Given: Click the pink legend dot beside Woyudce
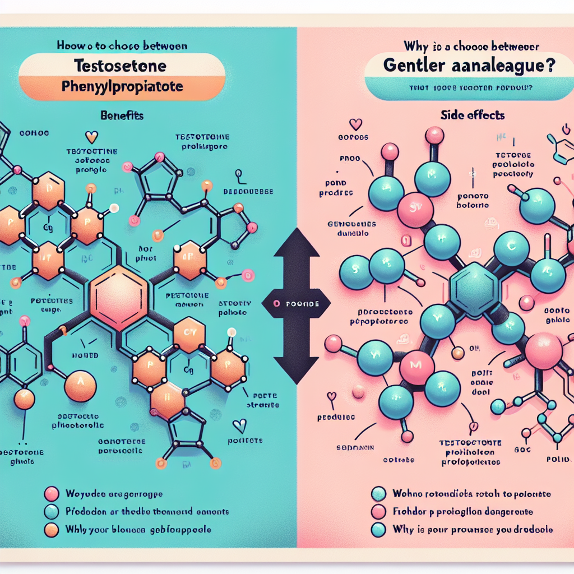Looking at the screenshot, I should pyautogui.click(x=51, y=494).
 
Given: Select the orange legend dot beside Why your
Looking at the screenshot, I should pyautogui.click(x=51, y=529).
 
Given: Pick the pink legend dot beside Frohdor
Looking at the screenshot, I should pyautogui.click(x=379, y=511).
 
